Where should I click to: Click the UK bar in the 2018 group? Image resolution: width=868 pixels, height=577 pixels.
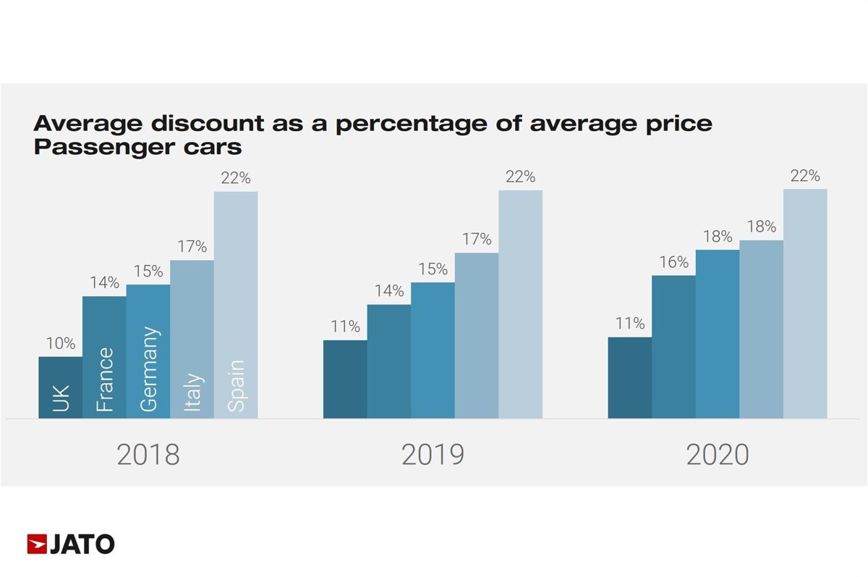coord(60,387)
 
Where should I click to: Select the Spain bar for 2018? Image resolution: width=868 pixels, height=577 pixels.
coord(236,304)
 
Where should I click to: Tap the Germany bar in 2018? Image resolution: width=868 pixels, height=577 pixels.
coord(148,351)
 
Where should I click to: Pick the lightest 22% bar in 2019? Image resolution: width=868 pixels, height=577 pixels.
coord(520,304)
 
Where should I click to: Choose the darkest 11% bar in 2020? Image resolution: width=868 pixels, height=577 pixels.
coord(629,377)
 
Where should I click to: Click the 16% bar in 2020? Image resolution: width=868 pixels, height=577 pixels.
coord(673,347)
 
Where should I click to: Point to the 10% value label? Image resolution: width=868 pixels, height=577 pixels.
coord(61,344)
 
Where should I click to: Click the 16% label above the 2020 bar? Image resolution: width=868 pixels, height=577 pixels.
coord(673,262)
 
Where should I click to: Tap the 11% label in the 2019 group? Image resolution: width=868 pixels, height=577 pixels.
coord(345,327)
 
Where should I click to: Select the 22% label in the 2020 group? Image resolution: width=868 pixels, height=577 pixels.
coord(805,176)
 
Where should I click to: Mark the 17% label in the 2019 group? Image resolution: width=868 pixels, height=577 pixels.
coord(477,239)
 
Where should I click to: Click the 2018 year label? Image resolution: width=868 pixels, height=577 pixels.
coord(148,455)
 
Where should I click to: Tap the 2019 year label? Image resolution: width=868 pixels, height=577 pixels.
coord(433,455)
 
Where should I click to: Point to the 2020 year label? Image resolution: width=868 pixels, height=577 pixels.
coord(718,455)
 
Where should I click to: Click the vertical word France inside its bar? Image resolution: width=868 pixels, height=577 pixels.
coord(105,380)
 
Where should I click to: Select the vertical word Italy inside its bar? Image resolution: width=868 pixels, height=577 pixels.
coord(192,393)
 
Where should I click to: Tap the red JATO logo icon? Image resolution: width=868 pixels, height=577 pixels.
coord(37,544)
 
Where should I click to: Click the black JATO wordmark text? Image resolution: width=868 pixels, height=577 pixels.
coord(82,544)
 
